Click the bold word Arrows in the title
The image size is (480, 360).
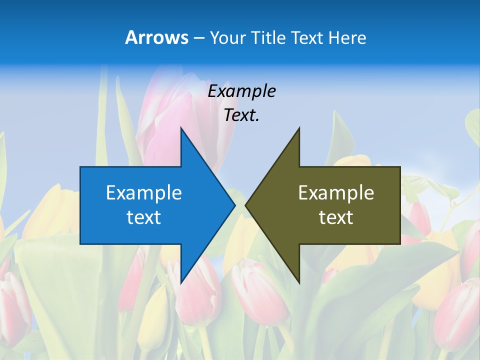156,37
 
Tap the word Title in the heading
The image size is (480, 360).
268,38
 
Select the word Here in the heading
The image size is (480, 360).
347,38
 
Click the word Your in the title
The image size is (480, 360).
227,38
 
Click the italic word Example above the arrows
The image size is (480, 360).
241,91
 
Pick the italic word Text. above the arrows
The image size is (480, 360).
241,115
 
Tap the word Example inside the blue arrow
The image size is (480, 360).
144,193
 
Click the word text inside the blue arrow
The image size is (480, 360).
144,217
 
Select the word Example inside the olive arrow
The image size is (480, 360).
336,193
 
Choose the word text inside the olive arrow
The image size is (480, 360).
336,217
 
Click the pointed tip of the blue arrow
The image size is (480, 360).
235,205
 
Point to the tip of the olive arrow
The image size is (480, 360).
245,205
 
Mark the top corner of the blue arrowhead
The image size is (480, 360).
181,128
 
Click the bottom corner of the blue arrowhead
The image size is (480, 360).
181,283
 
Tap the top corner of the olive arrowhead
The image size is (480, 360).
299,128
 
